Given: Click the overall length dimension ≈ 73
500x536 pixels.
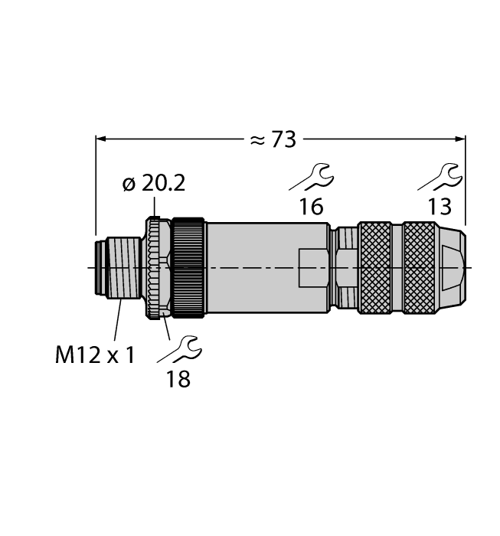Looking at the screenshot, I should (x=273, y=139).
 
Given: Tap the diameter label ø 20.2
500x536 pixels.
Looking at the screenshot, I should (x=153, y=185).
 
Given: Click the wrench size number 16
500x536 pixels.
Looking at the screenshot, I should (x=311, y=206).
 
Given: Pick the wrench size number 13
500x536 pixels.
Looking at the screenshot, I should (x=439, y=206).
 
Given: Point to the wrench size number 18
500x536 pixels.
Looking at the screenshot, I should (x=178, y=378).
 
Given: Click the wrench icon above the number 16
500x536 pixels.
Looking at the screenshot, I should (x=311, y=177).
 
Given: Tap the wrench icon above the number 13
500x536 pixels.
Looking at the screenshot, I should (x=439, y=177).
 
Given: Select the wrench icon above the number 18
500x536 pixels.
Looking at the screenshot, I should (x=178, y=349).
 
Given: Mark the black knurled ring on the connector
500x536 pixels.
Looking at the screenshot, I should (x=188, y=267).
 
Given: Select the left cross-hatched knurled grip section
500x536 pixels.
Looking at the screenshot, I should (x=375, y=267).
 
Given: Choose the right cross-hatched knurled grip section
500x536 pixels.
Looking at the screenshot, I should (x=418, y=267).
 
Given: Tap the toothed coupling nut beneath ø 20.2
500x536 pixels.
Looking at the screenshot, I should (x=157, y=267).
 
